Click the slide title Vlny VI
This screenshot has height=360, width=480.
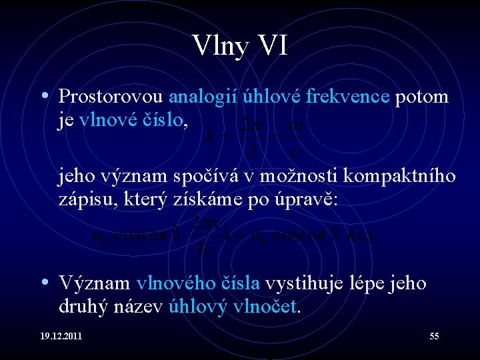(240, 47)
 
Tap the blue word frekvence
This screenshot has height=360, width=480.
(347, 97)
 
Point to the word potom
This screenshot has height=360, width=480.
(422, 97)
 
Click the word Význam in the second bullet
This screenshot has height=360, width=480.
(95, 283)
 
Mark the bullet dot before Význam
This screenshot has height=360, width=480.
(44, 283)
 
